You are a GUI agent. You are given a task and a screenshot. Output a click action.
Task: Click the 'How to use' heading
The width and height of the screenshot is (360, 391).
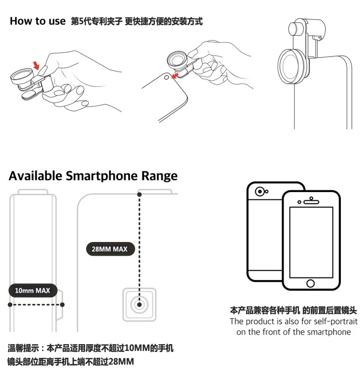click(x=38, y=21)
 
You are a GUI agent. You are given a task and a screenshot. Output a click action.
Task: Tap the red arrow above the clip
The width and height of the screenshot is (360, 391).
click(x=36, y=66)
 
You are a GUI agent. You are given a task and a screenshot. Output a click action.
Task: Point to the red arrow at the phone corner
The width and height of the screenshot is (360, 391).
click(x=175, y=76)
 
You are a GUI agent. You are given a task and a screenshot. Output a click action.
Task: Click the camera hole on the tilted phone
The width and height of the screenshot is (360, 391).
click(x=166, y=78)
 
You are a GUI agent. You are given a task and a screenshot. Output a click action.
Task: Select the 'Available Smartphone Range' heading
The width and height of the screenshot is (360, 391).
click(x=93, y=176)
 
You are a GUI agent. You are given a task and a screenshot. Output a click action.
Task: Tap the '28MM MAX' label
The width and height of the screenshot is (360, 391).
click(x=110, y=249)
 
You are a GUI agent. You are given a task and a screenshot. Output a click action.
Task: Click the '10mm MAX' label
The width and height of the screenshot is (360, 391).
click(x=33, y=290)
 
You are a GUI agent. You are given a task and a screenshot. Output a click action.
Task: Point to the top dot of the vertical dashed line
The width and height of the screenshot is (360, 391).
click(x=139, y=194)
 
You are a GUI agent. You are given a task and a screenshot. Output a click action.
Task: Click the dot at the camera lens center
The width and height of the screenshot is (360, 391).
click(x=139, y=305)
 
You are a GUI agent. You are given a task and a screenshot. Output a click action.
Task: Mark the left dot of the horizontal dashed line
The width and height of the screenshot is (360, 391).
click(x=10, y=305)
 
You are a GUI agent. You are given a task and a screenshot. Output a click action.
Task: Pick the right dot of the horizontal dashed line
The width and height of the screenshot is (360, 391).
click(x=62, y=305)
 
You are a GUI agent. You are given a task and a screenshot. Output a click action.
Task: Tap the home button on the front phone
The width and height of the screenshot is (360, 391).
click(x=310, y=283)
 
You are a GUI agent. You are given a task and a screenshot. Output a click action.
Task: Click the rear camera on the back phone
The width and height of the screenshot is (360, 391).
click(x=260, y=192)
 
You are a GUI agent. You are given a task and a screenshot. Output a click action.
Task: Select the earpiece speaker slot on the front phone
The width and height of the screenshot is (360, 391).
click(x=311, y=202)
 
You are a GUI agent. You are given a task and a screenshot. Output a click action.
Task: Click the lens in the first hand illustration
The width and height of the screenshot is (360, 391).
click(x=21, y=76)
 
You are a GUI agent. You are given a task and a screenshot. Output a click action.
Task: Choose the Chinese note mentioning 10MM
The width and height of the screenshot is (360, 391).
click(x=90, y=348)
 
